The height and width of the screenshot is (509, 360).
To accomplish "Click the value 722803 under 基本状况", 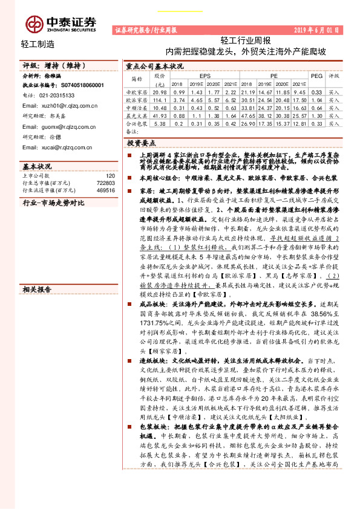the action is (105, 182).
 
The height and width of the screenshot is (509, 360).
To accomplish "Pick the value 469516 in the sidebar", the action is (105, 189).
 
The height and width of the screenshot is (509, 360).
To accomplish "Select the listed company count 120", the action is (110, 175).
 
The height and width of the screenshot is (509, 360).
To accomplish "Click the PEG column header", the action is (316, 77).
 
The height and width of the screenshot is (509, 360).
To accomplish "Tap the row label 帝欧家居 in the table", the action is (137, 91).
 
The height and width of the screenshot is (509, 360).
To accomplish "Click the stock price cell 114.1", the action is (160, 99).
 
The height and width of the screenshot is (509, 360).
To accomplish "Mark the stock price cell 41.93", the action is (160, 115).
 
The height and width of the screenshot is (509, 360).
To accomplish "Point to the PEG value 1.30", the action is (316, 115).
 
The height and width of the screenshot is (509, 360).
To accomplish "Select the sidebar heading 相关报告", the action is (37, 290).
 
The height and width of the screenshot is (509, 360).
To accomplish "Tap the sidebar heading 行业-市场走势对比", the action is (53, 203).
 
